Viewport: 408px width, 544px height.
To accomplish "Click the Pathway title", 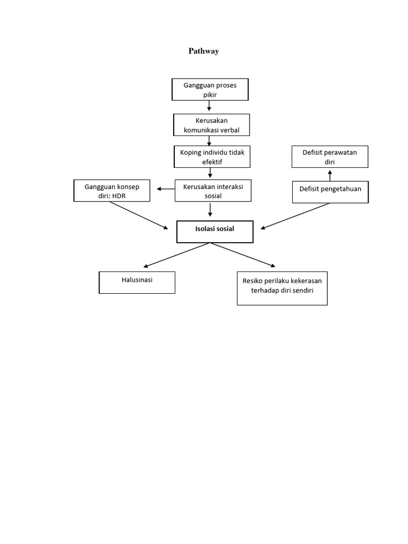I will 204,52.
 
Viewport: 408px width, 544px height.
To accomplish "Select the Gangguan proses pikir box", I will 210,90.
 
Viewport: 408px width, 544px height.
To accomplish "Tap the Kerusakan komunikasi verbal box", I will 211,125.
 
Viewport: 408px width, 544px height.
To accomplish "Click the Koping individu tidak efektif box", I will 211,157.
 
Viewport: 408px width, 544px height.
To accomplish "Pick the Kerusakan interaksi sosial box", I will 213,191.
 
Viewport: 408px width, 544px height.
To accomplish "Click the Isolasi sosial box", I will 215,232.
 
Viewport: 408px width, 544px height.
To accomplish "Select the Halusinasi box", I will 137,282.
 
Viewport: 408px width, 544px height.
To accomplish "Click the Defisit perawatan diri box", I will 330,157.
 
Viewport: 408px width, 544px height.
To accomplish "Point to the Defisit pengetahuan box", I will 330,192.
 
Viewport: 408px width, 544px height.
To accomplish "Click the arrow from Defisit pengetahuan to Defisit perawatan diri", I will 330,175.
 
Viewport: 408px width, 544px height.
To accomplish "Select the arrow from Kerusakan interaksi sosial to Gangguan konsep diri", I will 166,189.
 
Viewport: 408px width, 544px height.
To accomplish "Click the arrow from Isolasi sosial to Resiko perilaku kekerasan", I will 244,255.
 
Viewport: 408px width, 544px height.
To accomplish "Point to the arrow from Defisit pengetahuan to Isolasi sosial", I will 295,216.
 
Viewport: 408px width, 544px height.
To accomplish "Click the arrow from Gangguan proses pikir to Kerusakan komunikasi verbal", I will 210,107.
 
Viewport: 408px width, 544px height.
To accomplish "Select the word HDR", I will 127,195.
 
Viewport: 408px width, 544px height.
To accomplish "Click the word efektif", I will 211,161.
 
